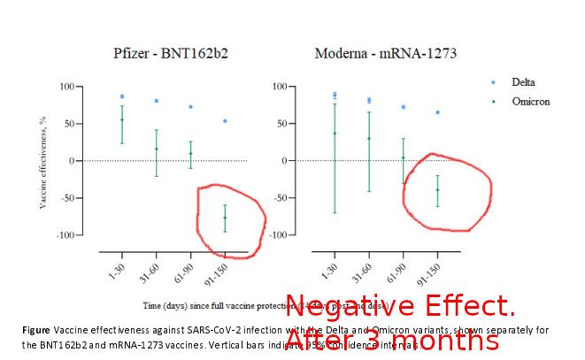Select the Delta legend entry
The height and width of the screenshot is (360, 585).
[522, 82]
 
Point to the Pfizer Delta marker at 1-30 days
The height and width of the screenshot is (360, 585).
[122, 96]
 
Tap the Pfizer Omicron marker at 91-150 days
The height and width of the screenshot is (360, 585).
[225, 218]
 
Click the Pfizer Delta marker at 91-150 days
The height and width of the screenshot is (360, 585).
[225, 120]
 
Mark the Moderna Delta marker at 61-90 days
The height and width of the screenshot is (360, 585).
[403, 107]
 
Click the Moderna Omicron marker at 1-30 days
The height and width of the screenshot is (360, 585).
[335, 134]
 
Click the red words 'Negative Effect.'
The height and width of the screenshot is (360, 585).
[399, 307]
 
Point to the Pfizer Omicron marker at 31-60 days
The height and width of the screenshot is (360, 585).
[157, 149]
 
